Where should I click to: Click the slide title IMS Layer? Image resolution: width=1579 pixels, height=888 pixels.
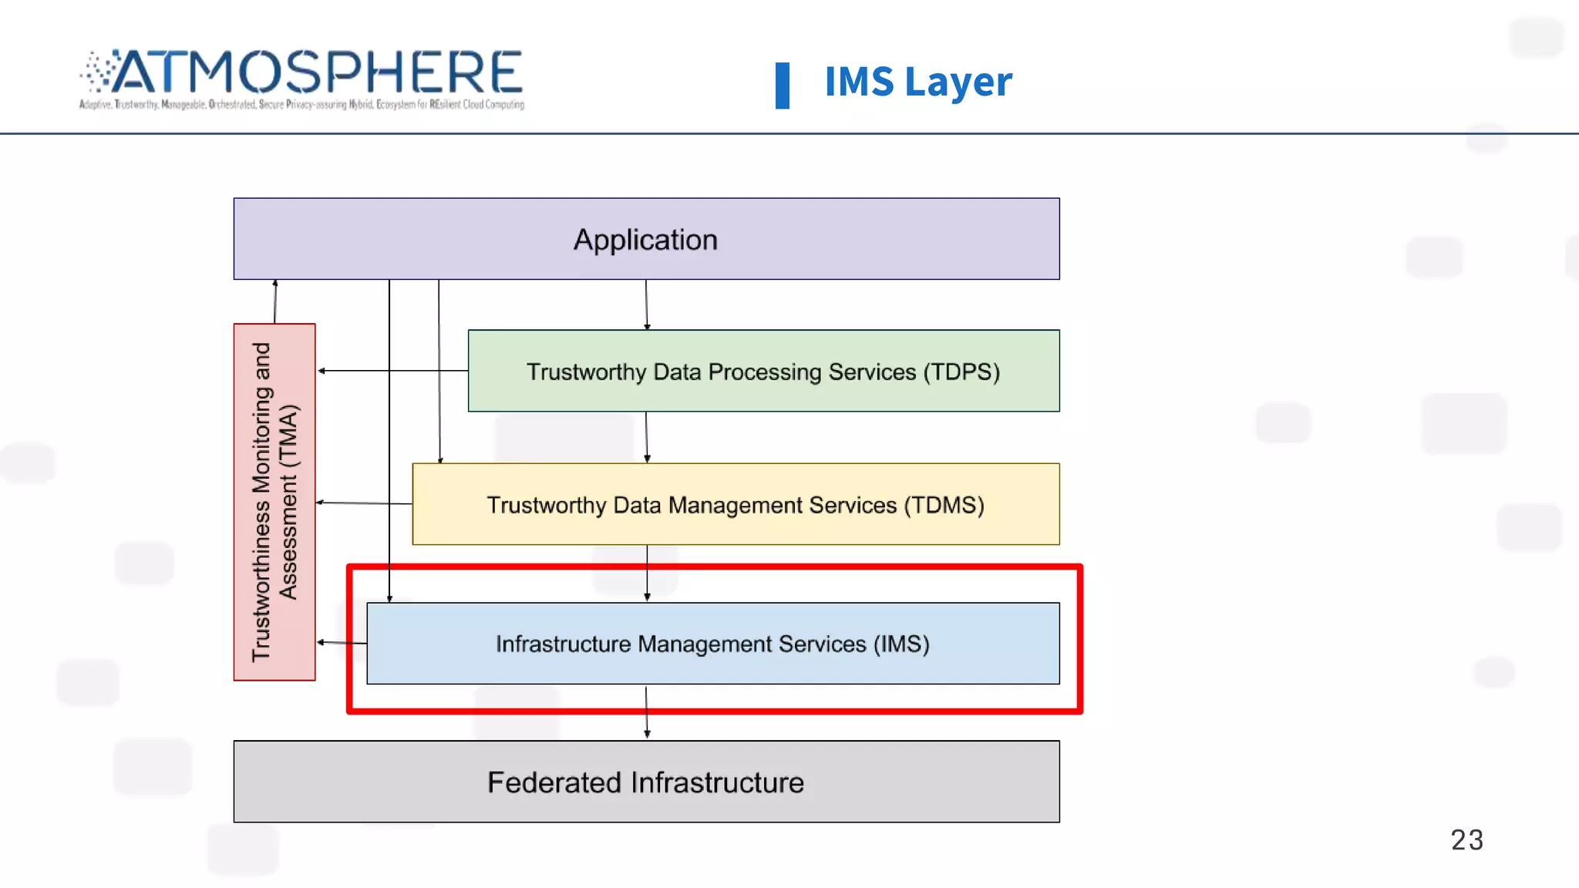[917, 82]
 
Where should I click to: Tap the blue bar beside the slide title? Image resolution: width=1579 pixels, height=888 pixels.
[782, 85]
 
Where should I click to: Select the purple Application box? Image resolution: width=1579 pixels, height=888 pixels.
[646, 239]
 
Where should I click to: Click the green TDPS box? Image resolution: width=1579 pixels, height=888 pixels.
[763, 372]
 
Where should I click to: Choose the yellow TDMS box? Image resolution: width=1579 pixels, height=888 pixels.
[736, 505]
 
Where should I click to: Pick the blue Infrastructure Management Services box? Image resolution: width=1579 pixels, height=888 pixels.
[712, 644]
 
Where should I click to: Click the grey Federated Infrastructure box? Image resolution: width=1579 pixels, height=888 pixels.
[646, 782]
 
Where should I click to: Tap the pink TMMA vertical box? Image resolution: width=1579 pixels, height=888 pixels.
[274, 502]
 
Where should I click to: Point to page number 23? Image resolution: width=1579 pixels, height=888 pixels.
[1466, 839]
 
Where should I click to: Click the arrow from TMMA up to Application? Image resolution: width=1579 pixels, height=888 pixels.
[275, 301]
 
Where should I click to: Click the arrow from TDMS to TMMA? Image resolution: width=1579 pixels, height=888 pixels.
[364, 503]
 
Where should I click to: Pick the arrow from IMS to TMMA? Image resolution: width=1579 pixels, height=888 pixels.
[342, 642]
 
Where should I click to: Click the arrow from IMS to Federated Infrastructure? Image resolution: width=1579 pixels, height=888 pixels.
[646, 712]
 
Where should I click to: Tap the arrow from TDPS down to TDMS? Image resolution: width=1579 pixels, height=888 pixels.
[646, 437]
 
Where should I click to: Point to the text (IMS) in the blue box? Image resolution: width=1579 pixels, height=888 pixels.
[901, 644]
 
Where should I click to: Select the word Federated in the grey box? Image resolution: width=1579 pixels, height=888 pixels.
[554, 782]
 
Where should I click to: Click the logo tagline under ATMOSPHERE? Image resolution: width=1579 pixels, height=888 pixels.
[301, 104]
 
